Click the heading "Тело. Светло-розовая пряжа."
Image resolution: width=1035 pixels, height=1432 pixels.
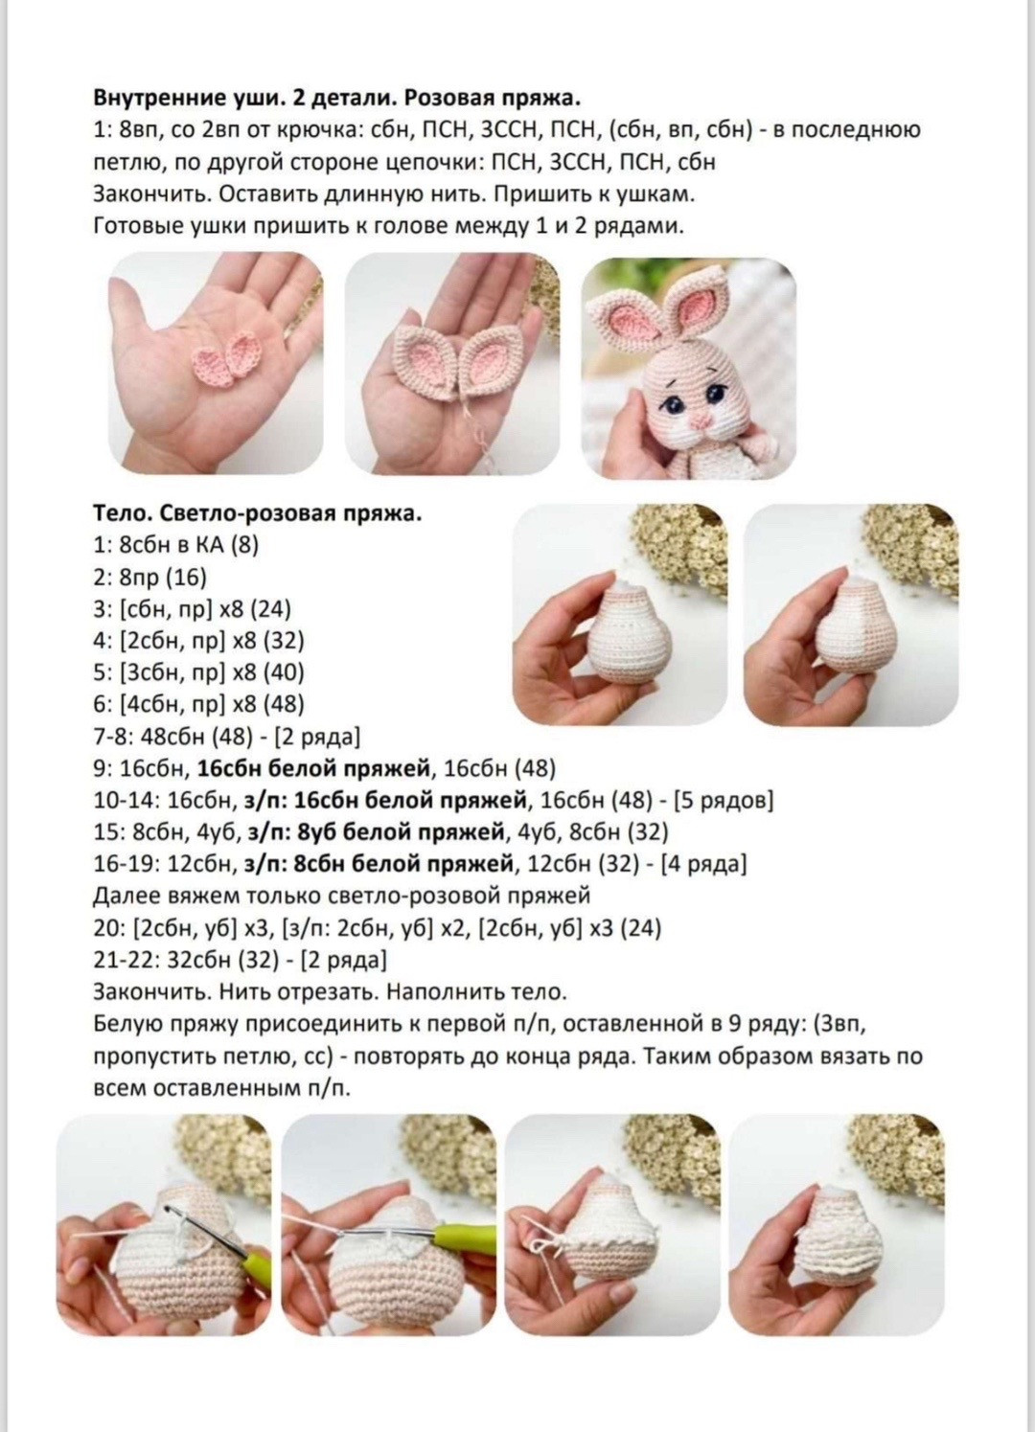[x=258, y=513]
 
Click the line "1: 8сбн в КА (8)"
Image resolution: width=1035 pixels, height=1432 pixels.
[x=176, y=545]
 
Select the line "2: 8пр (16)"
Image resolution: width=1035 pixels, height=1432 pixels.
[x=149, y=577]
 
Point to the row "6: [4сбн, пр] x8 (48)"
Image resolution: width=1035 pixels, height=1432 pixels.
[x=198, y=704]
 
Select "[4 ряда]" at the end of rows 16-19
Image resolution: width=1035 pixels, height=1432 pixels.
[x=701, y=864]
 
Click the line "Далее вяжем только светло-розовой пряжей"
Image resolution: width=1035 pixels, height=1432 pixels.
[x=341, y=896]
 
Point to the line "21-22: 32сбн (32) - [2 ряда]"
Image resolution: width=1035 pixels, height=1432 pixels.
[x=240, y=960]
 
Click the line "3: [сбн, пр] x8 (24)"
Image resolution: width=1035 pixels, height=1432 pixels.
[x=192, y=608]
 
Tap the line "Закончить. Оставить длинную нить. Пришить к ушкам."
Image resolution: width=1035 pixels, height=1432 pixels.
[x=393, y=193]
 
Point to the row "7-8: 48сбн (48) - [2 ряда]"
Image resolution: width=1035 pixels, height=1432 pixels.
[x=226, y=736]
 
